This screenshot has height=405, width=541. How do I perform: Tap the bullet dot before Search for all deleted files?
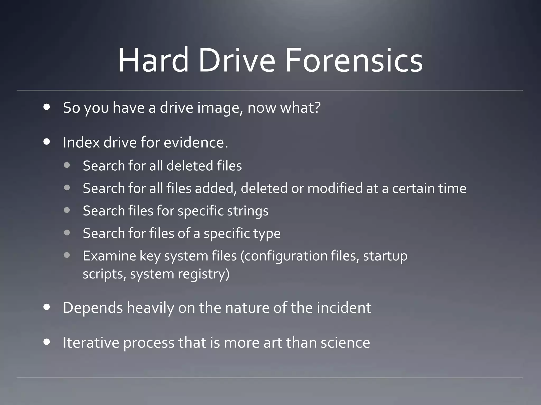(x=67, y=165)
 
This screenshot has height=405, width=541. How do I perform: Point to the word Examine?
(x=109, y=256)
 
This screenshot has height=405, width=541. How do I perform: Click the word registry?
(x=203, y=274)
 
